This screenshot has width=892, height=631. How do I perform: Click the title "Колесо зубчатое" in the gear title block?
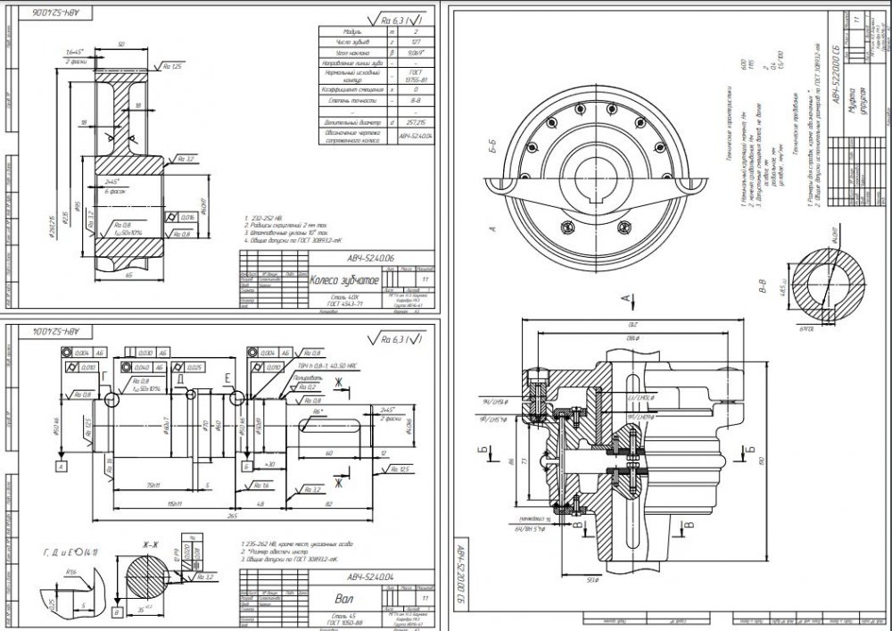[343, 280]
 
